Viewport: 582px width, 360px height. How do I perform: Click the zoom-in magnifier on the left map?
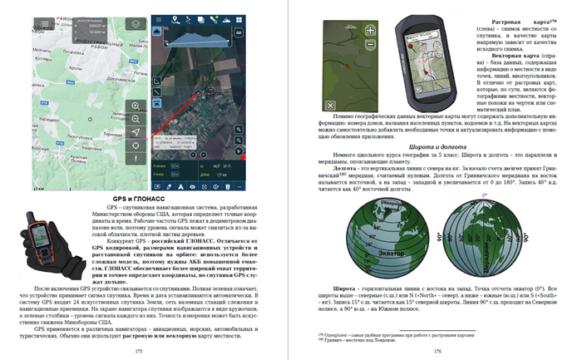[136, 105]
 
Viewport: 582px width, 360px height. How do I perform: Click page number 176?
[436, 351]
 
